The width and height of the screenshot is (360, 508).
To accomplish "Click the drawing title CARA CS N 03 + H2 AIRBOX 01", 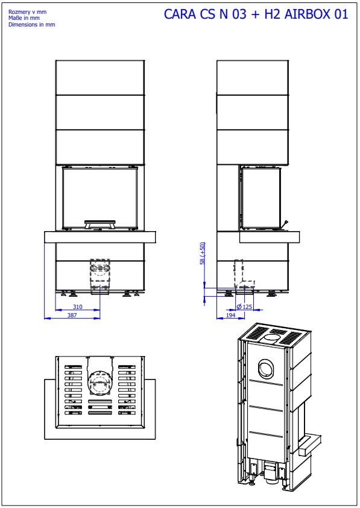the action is click(256, 14).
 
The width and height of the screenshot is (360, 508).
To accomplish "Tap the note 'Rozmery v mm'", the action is click(28, 12).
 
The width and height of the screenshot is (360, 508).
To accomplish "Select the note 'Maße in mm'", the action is click(24, 18).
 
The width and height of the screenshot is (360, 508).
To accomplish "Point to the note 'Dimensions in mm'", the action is click(32, 24).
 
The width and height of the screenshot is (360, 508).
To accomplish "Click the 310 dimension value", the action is click(78, 306).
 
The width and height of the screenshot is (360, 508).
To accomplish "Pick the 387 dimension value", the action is click(72, 315).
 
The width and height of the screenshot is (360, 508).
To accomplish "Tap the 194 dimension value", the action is click(230, 315).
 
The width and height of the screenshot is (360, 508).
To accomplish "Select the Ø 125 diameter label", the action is click(244, 306).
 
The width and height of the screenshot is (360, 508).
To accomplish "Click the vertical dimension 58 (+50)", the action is click(203, 253).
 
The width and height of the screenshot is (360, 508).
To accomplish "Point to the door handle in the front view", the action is click(99, 224).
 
